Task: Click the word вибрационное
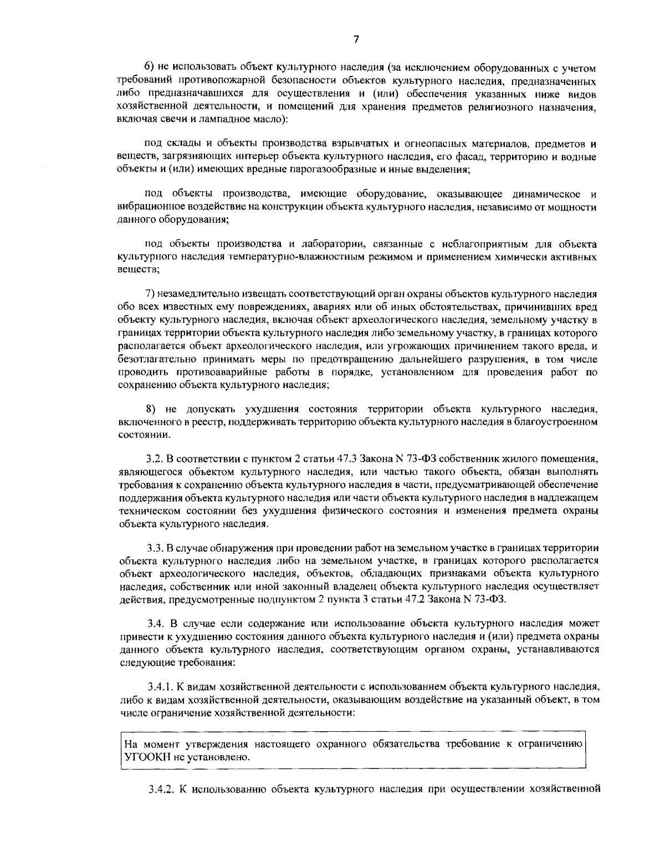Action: pos(145,207)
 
